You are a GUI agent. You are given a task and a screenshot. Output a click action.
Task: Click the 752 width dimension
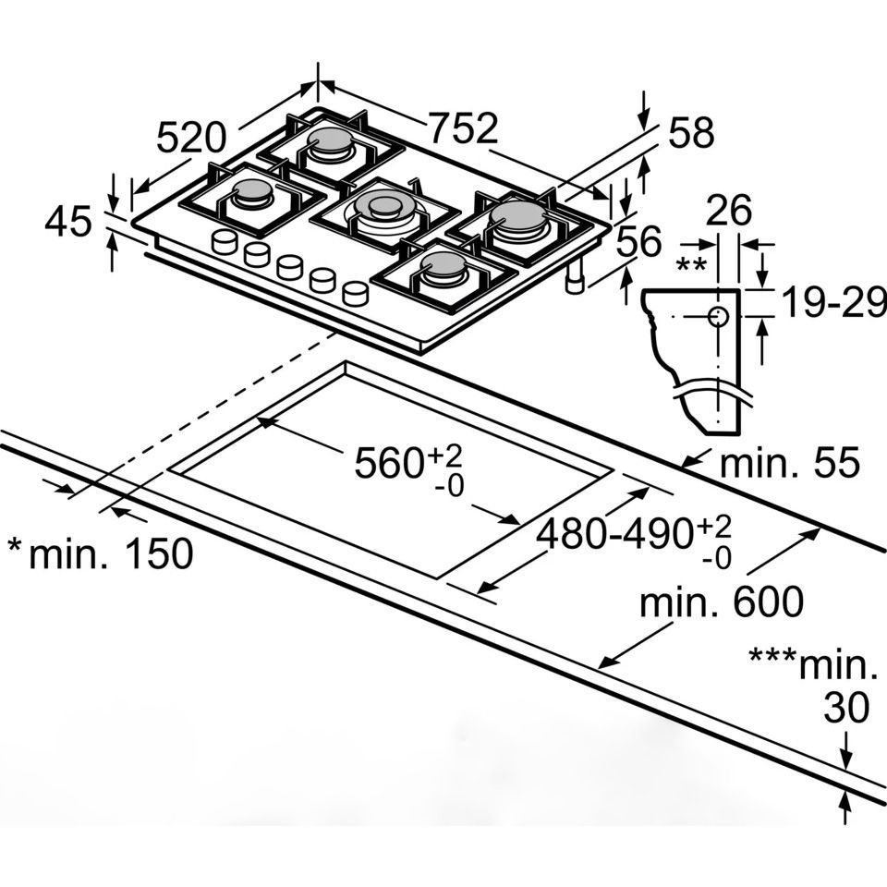coord(464,129)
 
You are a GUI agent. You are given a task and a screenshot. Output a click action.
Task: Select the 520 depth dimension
coord(191,138)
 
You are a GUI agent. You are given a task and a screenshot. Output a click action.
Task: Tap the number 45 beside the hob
coord(67,221)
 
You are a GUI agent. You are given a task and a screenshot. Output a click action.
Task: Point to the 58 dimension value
coord(691,132)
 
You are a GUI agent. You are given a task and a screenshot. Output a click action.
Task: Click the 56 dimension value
coord(638,241)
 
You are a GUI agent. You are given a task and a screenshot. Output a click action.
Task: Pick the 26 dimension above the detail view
coord(729,211)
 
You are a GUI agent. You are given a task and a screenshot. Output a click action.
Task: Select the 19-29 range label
coord(833,303)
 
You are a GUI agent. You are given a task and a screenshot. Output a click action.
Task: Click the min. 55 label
coord(790,462)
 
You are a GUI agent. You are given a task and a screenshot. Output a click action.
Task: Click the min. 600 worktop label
coord(722,601)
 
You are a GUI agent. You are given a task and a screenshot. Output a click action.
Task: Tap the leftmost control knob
coord(225,242)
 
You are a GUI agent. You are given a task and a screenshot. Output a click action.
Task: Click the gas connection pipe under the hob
coord(575,278)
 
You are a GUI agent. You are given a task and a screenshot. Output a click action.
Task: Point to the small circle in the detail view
coord(718,316)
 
